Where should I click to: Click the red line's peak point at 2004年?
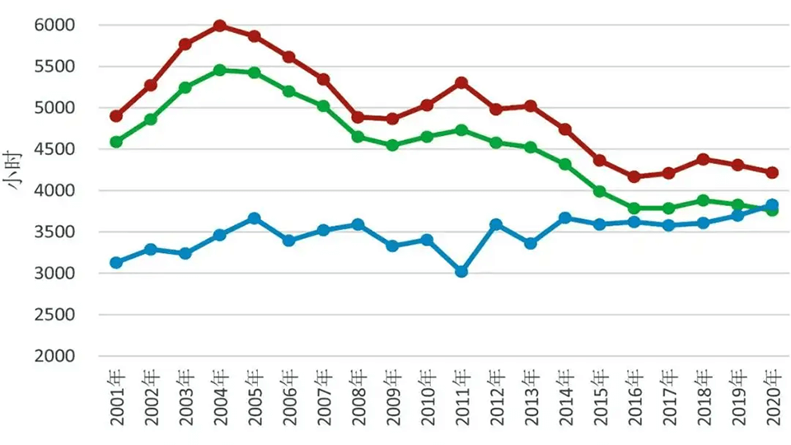[x=220, y=26]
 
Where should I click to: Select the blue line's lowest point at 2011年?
[x=461, y=271]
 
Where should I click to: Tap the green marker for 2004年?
[x=220, y=70]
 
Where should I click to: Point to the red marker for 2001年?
[x=116, y=116]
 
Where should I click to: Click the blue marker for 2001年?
[x=116, y=263]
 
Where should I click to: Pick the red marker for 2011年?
[x=461, y=83]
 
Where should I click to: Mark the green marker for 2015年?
[x=600, y=191]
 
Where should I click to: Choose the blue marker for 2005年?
[x=255, y=218]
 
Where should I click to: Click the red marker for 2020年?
[x=772, y=172]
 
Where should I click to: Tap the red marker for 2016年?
[x=634, y=176]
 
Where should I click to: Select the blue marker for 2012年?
[x=496, y=224]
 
